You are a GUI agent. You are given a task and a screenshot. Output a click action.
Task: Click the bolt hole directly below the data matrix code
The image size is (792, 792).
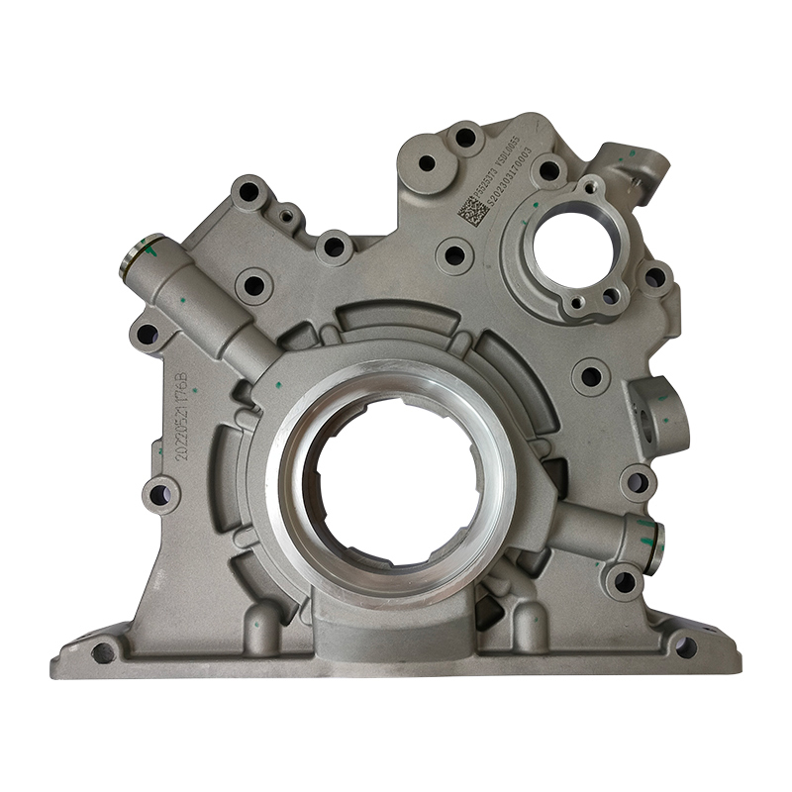click(453, 254)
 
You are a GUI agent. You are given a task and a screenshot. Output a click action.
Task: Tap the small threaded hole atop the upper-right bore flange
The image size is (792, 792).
click(590, 185)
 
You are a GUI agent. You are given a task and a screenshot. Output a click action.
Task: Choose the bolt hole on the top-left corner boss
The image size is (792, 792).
click(248, 191)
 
